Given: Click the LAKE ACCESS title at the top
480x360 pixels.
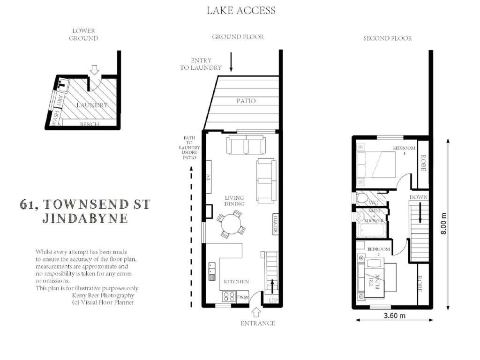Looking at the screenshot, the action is pyautogui.click(x=241, y=10).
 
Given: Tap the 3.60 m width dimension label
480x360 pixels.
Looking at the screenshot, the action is pyautogui.click(x=395, y=315).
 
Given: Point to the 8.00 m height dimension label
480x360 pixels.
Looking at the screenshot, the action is pyautogui.click(x=443, y=224).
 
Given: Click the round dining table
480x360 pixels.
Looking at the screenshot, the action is pyautogui.click(x=231, y=224).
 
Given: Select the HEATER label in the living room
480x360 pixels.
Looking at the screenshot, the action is pyautogui.click(x=276, y=224).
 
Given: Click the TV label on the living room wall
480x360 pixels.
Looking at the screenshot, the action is pyautogui.click(x=209, y=177).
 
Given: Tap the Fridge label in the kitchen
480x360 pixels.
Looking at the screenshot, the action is pyautogui.click(x=243, y=297).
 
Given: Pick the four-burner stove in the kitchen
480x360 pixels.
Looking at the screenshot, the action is pyautogui.click(x=229, y=296).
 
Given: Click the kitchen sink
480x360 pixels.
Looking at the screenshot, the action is pyautogui.click(x=212, y=271).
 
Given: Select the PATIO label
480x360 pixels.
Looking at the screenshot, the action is pyautogui.click(x=246, y=101).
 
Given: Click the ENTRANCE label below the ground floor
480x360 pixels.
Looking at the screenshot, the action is pyautogui.click(x=258, y=323).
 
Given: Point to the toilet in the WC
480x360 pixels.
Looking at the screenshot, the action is pyautogui.click(x=362, y=199).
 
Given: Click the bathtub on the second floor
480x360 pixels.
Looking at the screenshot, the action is pyautogui.click(x=372, y=230).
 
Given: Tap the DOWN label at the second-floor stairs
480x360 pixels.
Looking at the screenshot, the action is pyautogui.click(x=419, y=197).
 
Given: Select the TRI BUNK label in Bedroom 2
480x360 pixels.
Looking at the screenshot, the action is pyautogui.click(x=375, y=281).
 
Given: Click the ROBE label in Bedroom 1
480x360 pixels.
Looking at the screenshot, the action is pyautogui.click(x=423, y=163).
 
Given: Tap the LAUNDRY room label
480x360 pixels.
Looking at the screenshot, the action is pyautogui.click(x=92, y=105).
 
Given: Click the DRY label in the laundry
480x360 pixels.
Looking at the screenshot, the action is pyautogui.click(x=60, y=100).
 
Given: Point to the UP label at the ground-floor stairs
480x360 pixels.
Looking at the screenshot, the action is pyautogui.click(x=273, y=300).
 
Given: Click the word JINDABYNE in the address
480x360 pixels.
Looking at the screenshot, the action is pyautogui.click(x=85, y=218).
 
